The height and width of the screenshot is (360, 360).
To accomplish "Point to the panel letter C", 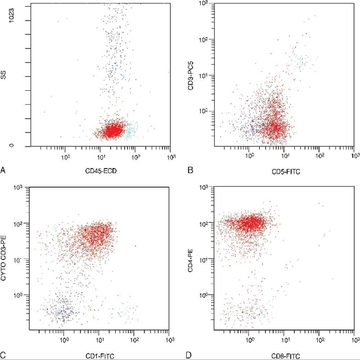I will coord(3,355).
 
